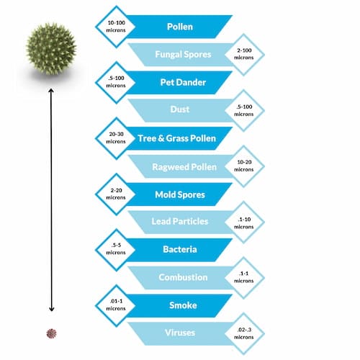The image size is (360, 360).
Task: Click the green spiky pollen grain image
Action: pyautogui.click(x=51, y=49)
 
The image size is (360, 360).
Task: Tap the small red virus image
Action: pyautogui.click(x=51, y=333)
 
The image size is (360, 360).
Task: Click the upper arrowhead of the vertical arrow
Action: pyautogui.click(x=51, y=90)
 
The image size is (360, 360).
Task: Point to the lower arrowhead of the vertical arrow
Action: pyautogui.click(x=51, y=309)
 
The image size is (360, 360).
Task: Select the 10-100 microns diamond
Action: pyautogui.click(x=116, y=27)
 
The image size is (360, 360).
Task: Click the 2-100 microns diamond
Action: pyautogui.click(x=244, y=54)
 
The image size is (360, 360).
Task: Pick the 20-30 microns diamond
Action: pyautogui.click(x=116, y=138)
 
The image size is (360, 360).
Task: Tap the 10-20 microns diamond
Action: pyautogui.click(x=244, y=166)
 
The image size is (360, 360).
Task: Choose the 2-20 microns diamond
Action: pyautogui.click(x=116, y=194)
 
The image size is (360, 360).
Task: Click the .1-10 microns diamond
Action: pyautogui.click(x=244, y=222)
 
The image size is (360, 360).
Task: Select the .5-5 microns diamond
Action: pyautogui.click(x=116, y=250)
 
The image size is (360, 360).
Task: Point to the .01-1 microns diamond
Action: pyautogui.click(x=116, y=306)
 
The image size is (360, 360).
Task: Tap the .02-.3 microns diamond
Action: pyautogui.click(x=244, y=333)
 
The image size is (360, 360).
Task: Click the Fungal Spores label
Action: pyautogui.click(x=183, y=55)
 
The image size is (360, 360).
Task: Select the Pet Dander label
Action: pyautogui.click(x=183, y=82)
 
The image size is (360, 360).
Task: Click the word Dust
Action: pyautogui.click(x=180, y=109)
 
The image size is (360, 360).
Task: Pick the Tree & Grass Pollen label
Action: pyautogui.click(x=177, y=138)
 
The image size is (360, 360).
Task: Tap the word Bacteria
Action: pyautogui.click(x=180, y=249)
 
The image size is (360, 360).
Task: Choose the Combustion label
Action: pyautogui.click(x=183, y=277)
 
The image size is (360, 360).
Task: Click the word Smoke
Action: pyautogui.click(x=183, y=305)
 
